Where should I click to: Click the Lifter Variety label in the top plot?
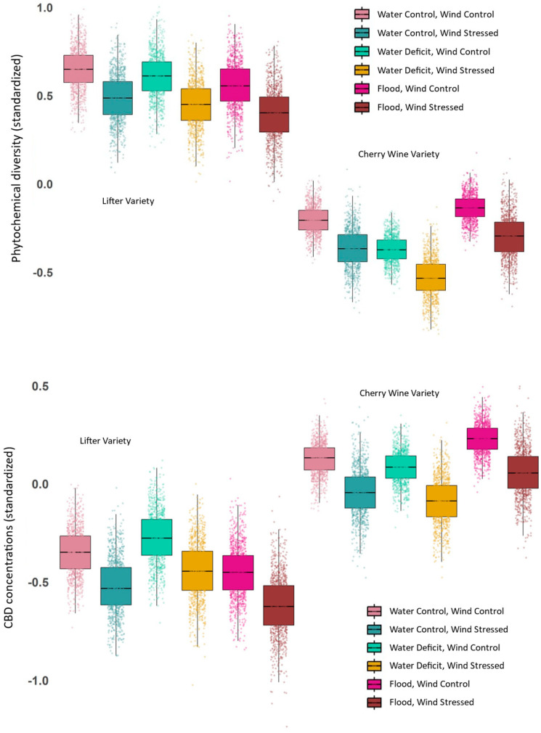coord(128,201)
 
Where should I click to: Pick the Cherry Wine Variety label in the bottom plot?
coord(399,393)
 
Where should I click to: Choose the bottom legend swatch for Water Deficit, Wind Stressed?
coord(375,666)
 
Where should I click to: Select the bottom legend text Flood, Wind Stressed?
coord(431,702)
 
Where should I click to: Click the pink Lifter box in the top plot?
coord(78,69)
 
